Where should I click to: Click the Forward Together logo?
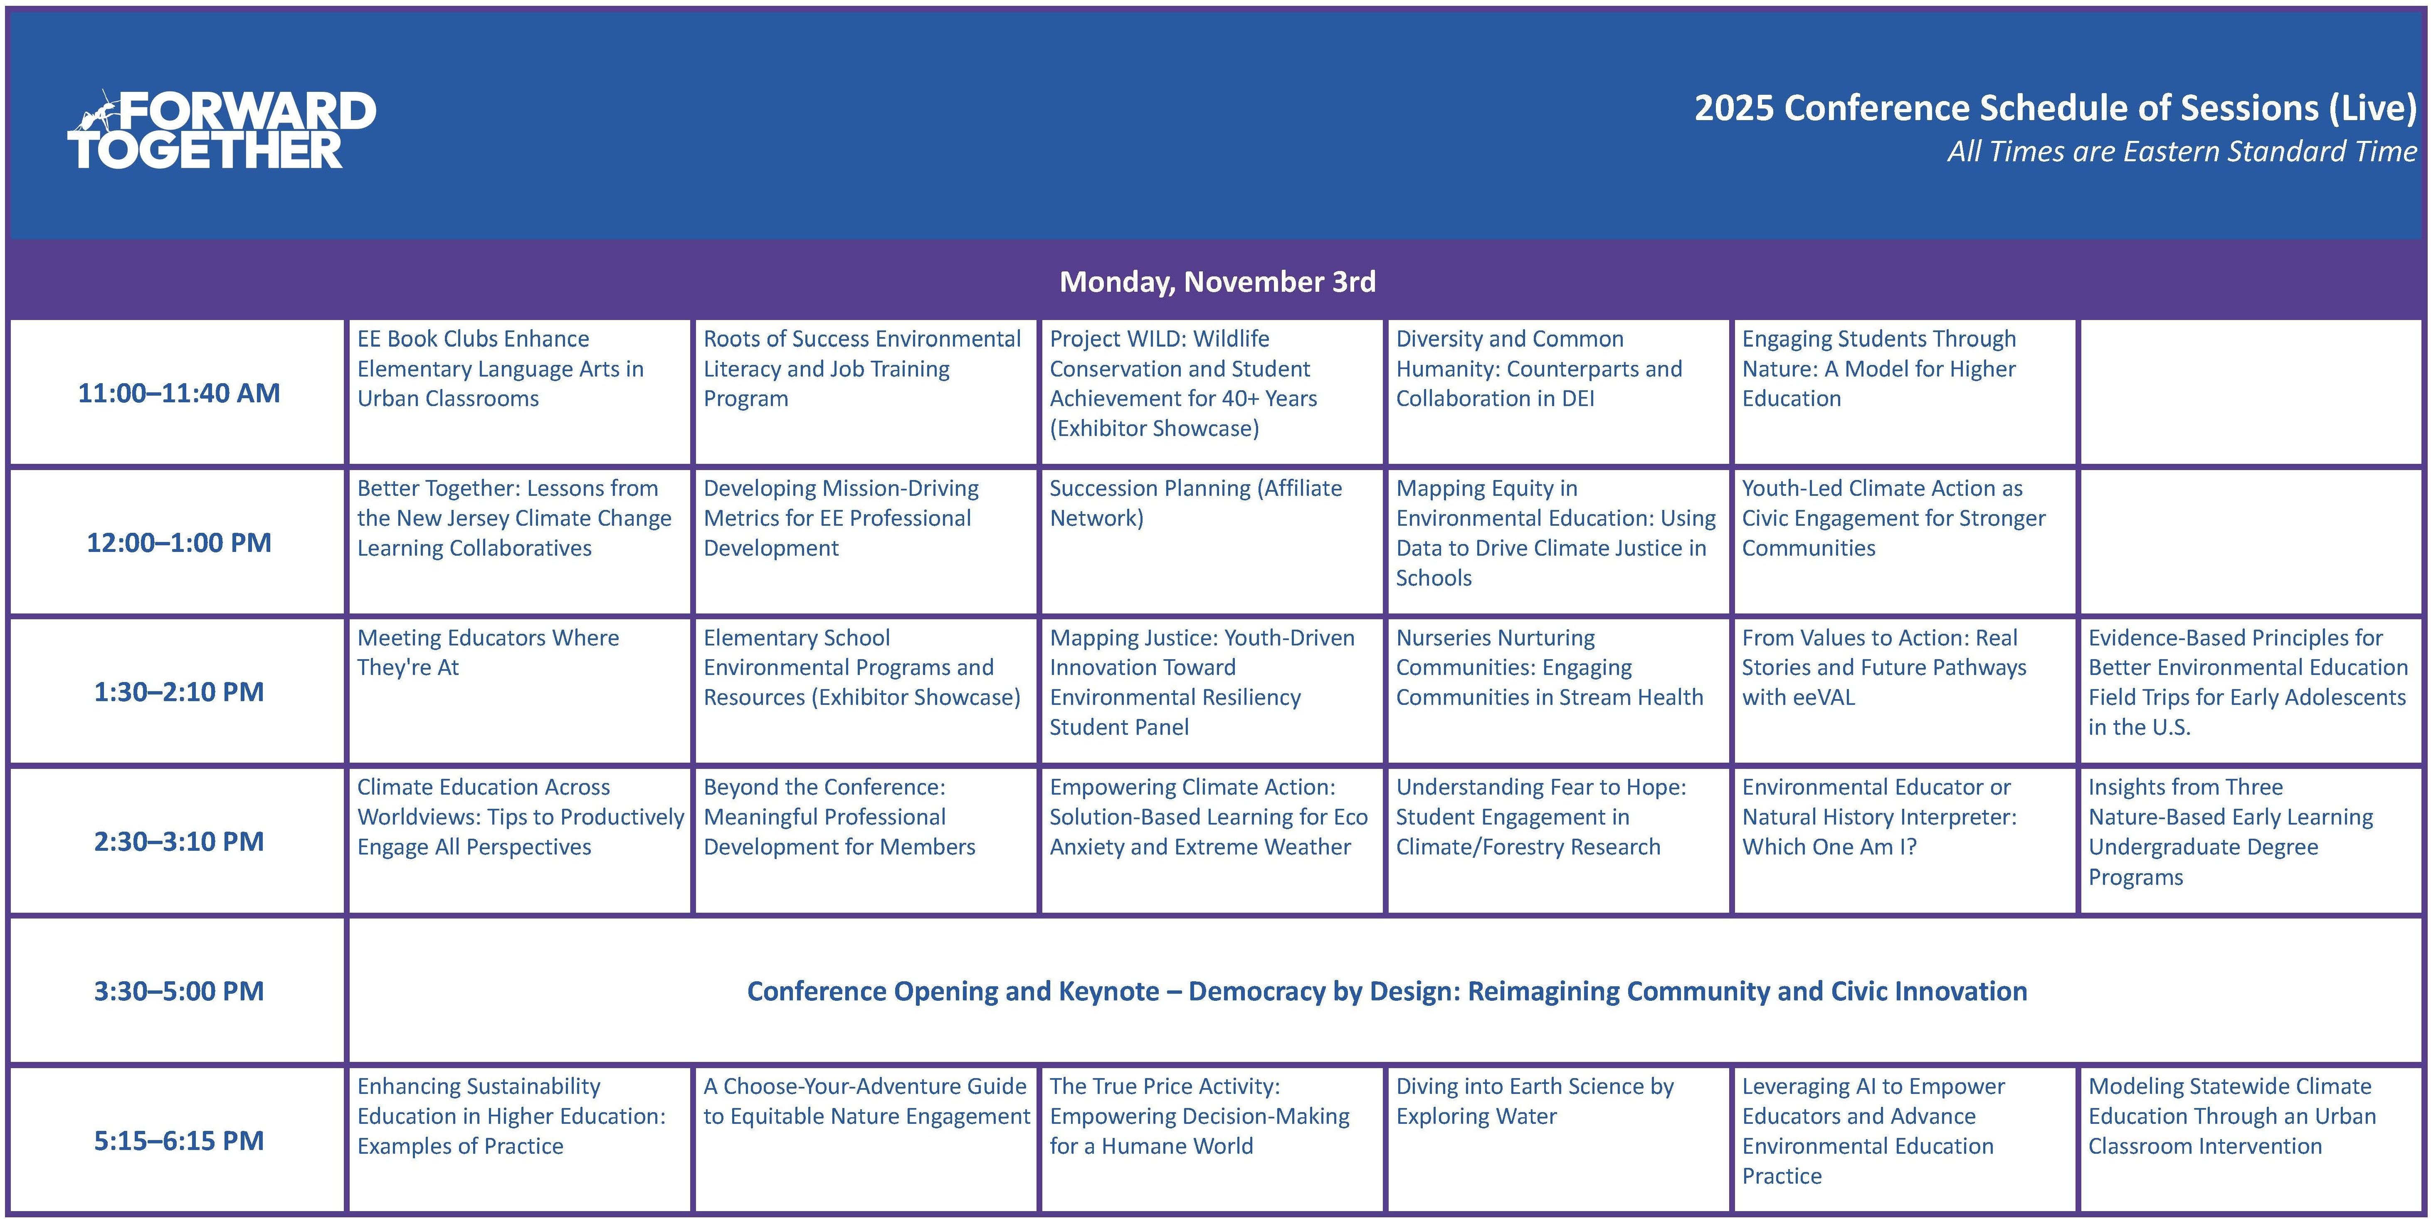(x=222, y=129)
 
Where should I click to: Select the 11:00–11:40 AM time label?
(x=179, y=392)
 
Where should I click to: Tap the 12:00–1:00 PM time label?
(x=179, y=542)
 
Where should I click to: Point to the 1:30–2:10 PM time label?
(x=179, y=692)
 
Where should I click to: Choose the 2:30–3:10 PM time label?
(x=179, y=841)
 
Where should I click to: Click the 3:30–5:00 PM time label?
(x=179, y=991)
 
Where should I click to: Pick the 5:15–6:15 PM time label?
(x=179, y=1140)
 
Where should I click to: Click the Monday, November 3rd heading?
(x=1217, y=281)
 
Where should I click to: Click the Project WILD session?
(x=1183, y=383)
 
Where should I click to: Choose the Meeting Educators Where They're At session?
(x=488, y=652)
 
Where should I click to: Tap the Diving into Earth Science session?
(x=1535, y=1101)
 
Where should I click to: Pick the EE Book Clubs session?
(x=500, y=368)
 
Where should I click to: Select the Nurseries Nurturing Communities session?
(x=1550, y=667)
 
